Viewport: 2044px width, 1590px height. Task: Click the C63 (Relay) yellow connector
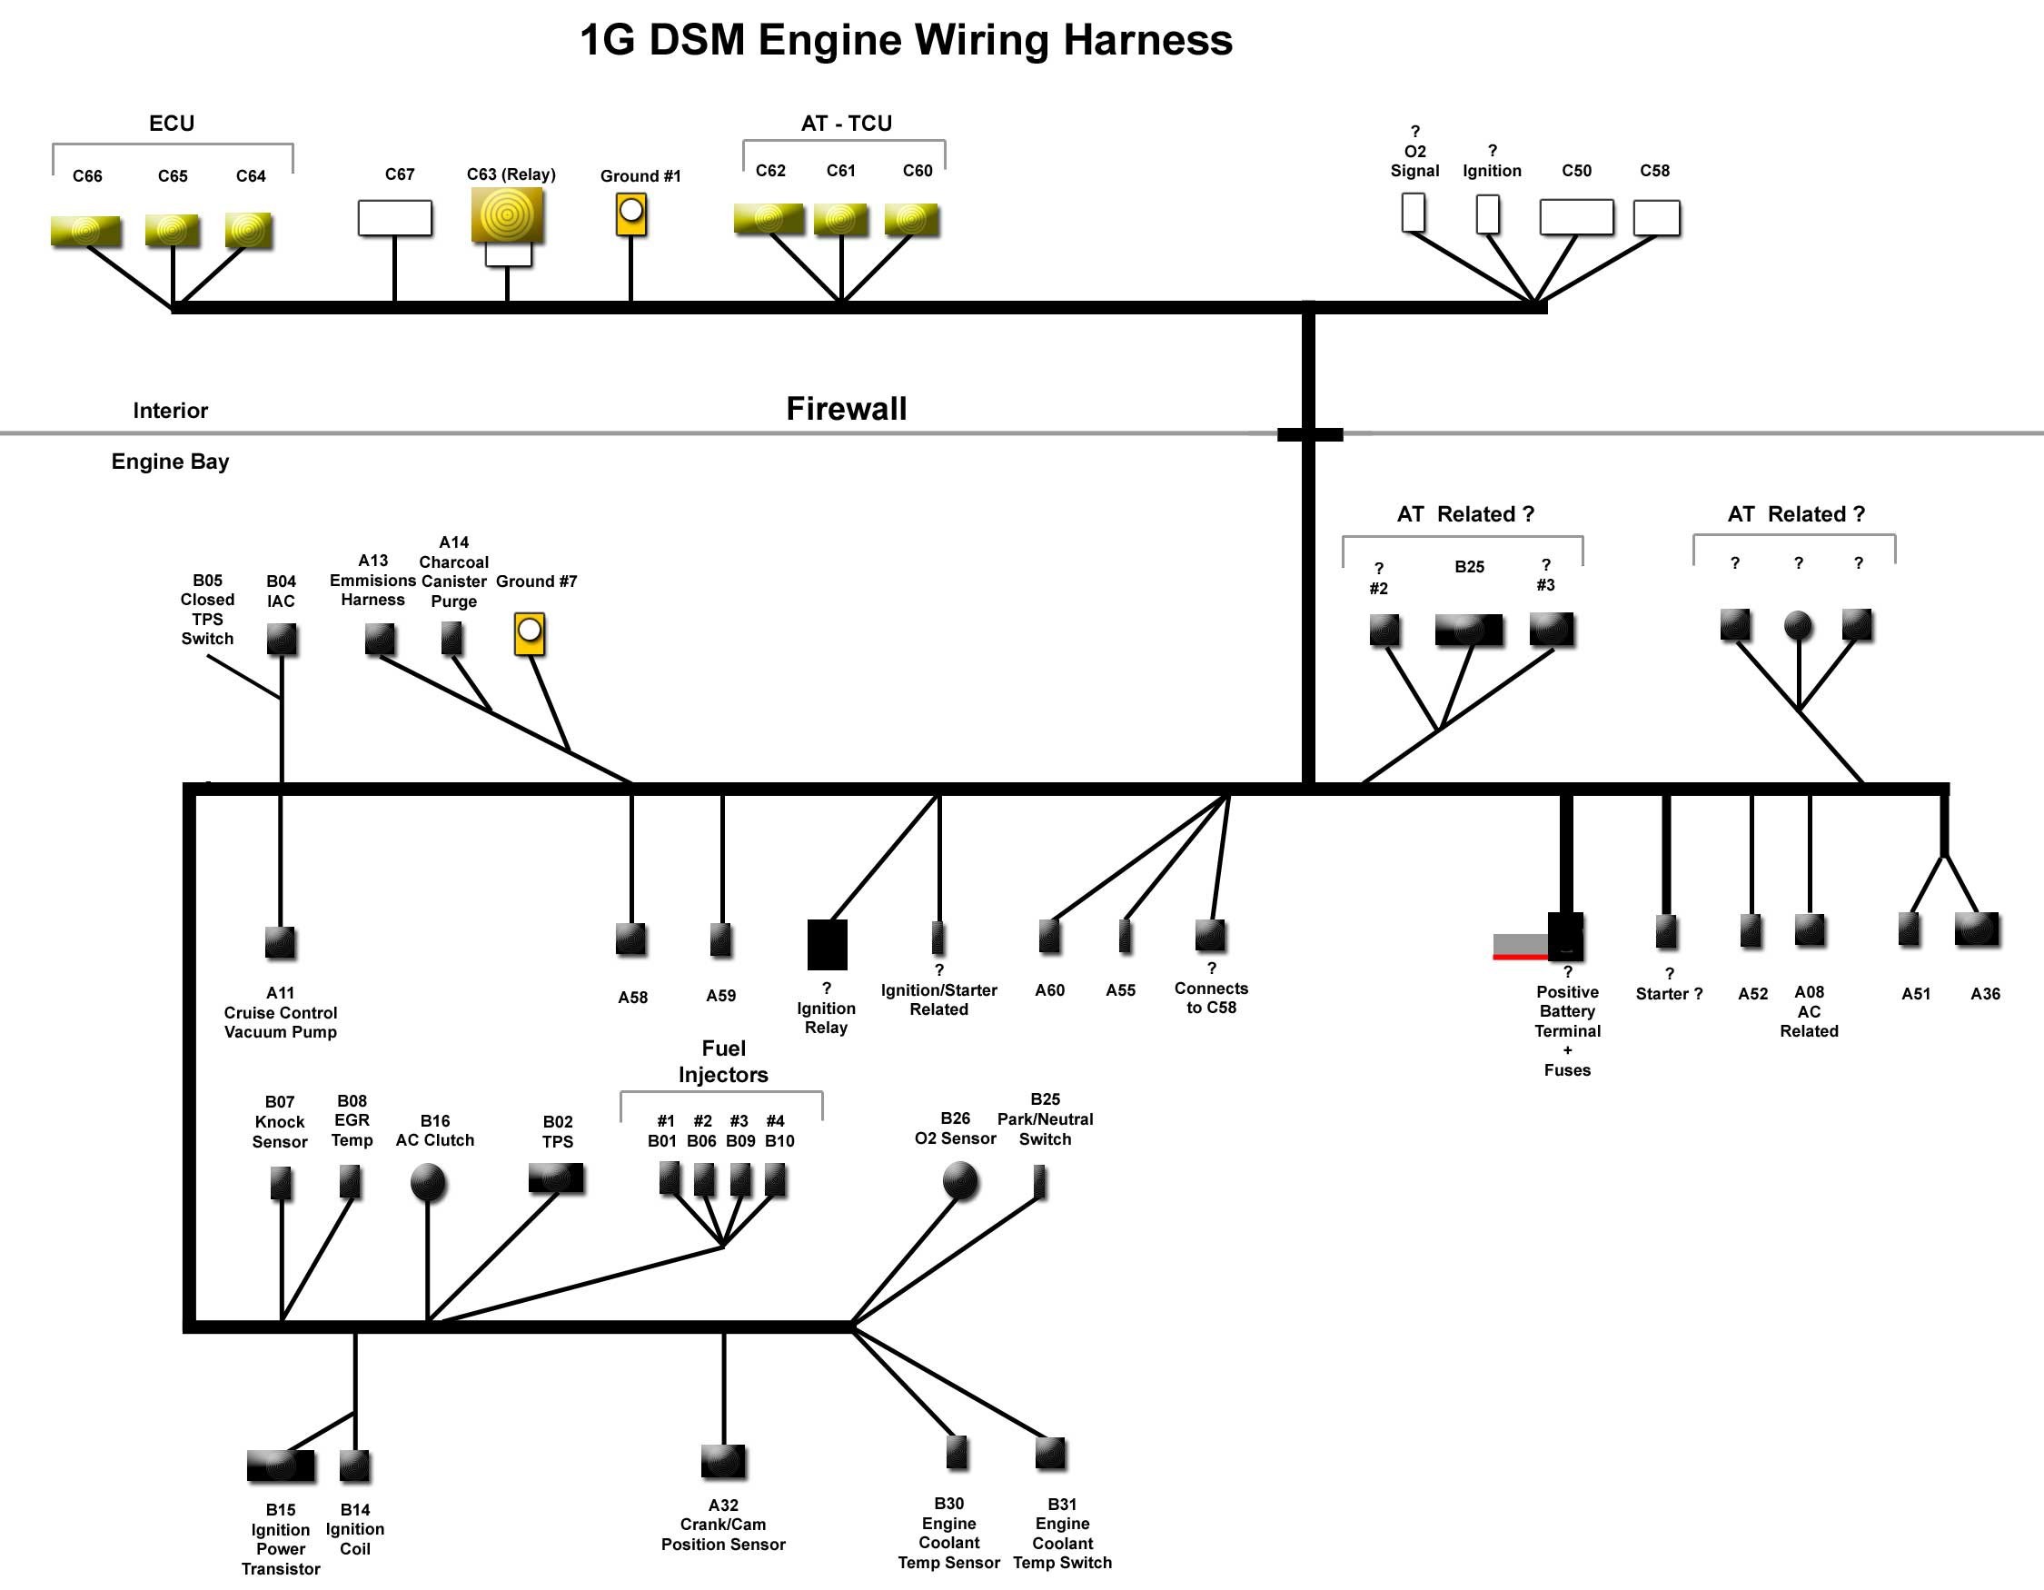[507, 215]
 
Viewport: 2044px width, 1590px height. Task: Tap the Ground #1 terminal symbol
[631, 214]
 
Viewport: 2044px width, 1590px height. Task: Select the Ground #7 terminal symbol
[530, 633]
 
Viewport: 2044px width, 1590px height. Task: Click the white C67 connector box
[395, 218]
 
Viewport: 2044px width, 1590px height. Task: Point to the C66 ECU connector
[85, 231]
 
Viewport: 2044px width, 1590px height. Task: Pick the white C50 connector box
[1577, 217]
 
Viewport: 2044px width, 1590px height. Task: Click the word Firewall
[846, 409]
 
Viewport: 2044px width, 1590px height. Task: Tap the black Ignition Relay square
[828, 944]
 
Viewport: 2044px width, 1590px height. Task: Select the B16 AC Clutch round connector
[428, 1181]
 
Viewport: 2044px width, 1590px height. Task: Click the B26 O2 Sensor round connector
[960, 1180]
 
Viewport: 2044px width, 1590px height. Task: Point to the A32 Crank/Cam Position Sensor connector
[723, 1461]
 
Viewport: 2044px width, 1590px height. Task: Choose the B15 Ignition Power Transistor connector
[281, 1466]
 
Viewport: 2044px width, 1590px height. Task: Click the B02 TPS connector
[556, 1178]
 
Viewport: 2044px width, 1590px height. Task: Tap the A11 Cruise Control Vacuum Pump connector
[280, 942]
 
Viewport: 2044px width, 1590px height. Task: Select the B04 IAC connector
[282, 640]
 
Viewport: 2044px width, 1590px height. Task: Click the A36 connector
[1977, 929]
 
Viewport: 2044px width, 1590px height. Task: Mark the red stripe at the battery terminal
[1521, 957]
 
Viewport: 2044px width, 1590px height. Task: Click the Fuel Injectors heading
[723, 1061]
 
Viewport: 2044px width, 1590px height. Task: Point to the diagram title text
[906, 40]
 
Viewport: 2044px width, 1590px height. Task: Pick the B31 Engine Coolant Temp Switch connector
[1051, 1454]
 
